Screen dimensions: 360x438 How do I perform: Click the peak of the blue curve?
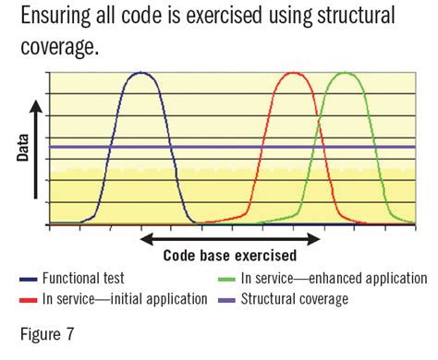pos(140,73)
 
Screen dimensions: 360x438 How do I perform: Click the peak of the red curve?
pos(292,73)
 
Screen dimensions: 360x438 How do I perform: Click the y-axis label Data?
pos(22,146)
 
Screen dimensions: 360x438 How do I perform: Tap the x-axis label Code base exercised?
pos(230,256)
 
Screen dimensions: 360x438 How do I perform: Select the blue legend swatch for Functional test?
pos(27,278)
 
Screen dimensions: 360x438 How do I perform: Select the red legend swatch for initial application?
pos(27,299)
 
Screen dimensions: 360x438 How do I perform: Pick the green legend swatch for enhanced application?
pos(225,278)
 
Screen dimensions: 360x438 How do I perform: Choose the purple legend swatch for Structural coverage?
pos(225,299)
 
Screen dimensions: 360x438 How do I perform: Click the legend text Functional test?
pos(83,278)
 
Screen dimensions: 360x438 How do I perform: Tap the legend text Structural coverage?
pos(295,299)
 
